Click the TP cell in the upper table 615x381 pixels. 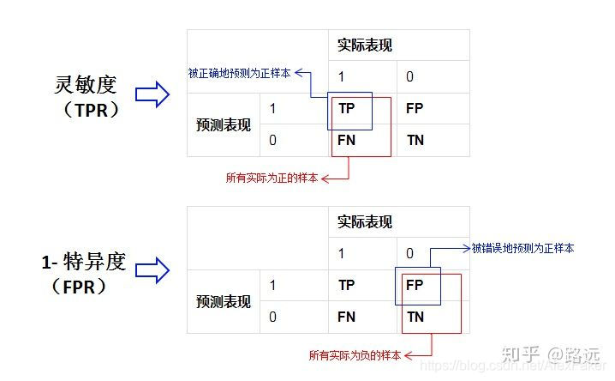[346, 109]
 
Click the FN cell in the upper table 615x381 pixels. [346, 139]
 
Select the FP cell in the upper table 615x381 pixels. [414, 109]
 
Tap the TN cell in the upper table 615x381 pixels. [414, 139]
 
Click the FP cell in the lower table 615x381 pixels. [414, 285]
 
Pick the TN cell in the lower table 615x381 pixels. [414, 317]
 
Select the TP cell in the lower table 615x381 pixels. [346, 285]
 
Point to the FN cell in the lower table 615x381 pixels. [346, 317]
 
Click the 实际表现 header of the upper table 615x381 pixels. [365, 45]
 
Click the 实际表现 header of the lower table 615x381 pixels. [365, 222]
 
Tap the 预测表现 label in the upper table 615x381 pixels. [223, 124]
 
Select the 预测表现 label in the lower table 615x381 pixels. [223, 301]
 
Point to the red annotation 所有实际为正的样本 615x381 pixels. [272, 178]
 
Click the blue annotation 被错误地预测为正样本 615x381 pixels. [522, 248]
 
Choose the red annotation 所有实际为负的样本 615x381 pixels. [355, 354]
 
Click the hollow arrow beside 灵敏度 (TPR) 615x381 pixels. [152, 95]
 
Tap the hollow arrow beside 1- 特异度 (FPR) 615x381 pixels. [152, 273]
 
